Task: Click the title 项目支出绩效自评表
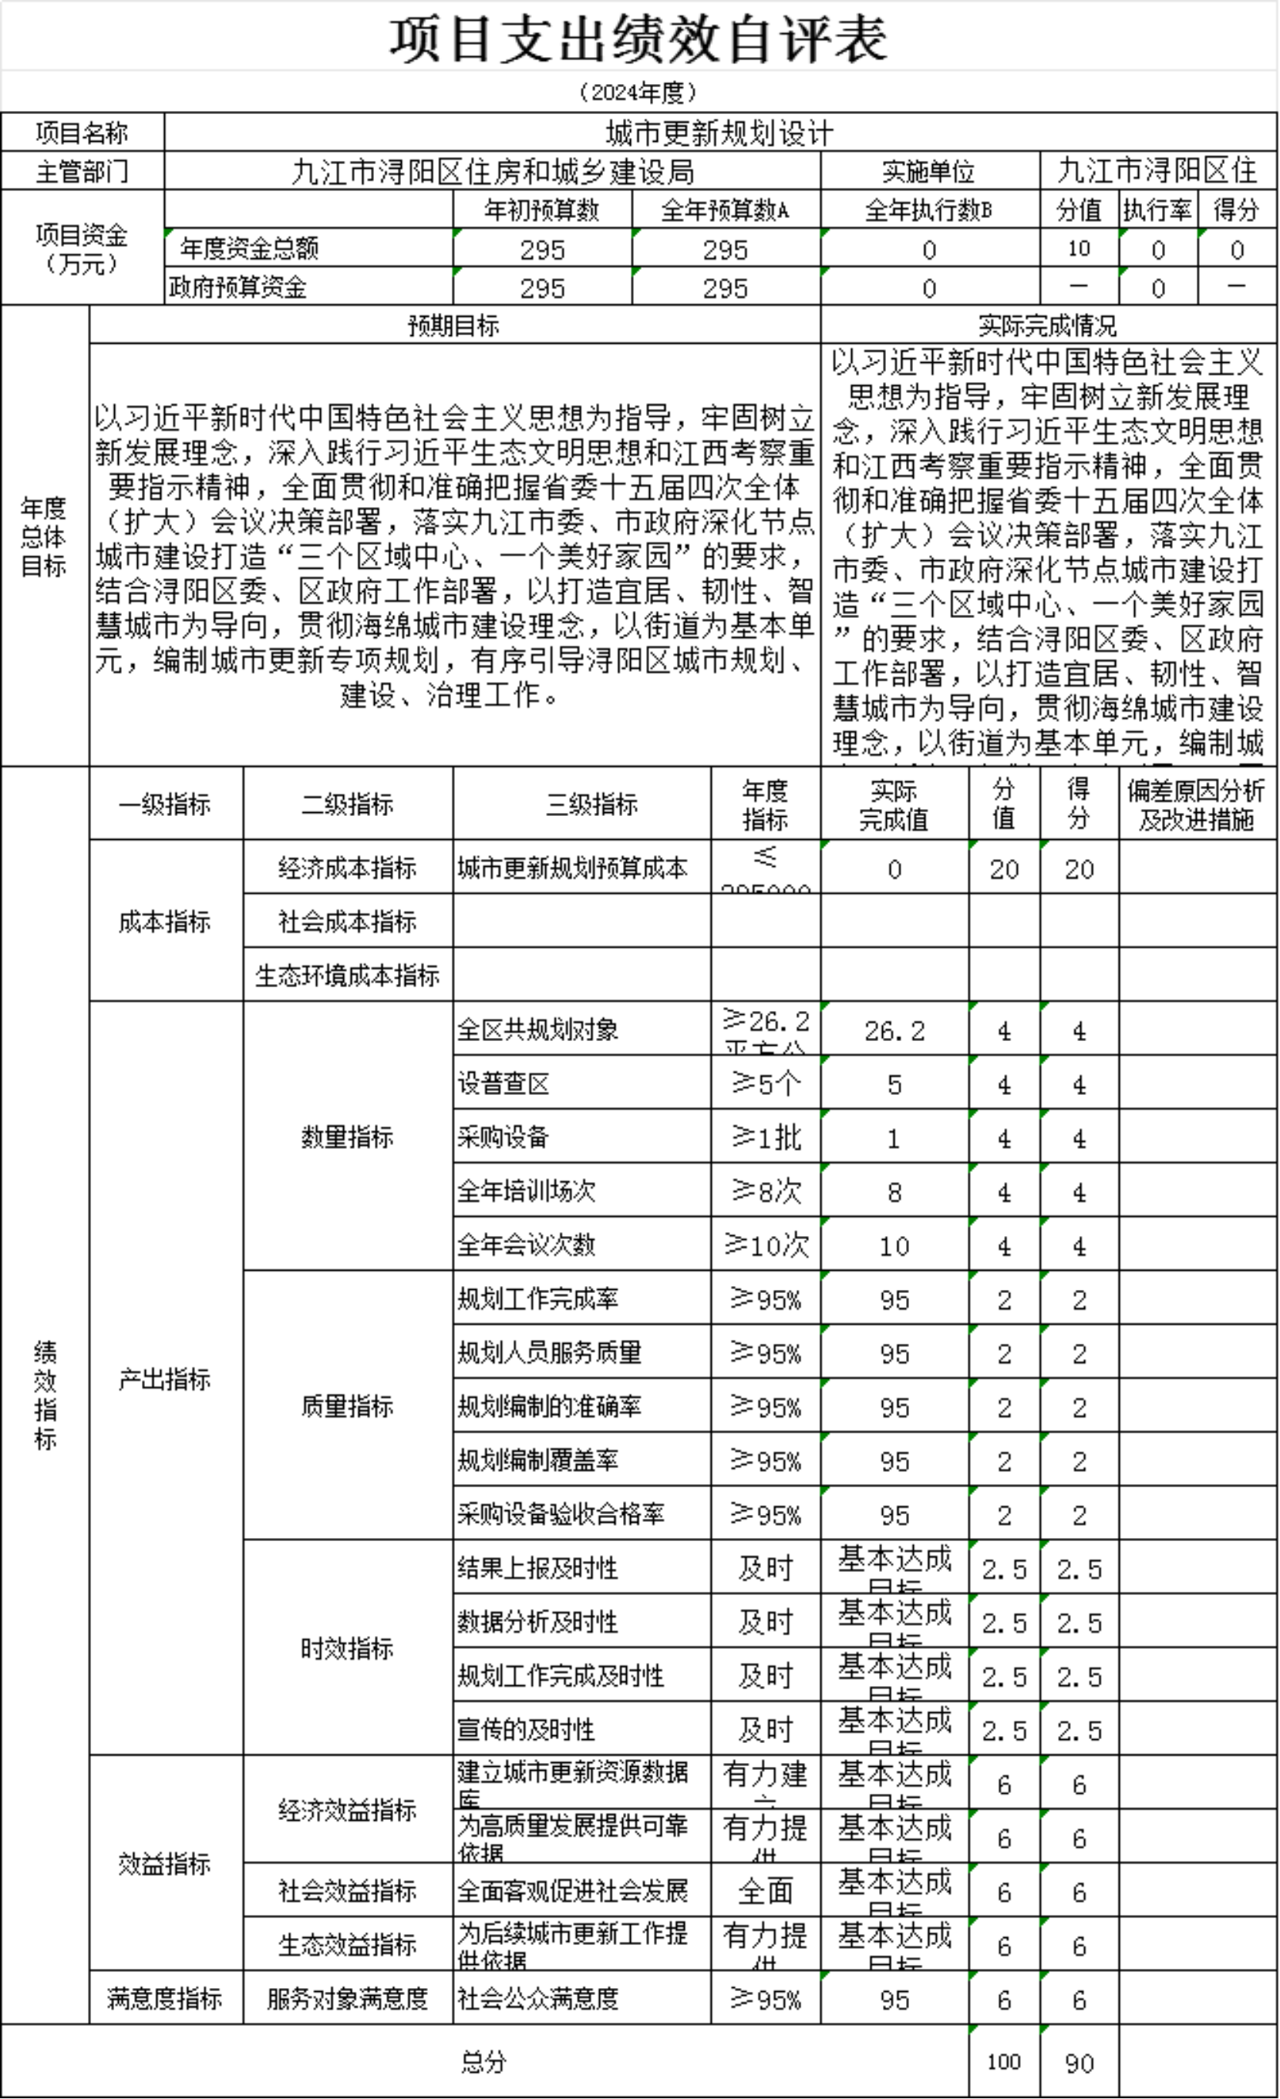[x=639, y=39]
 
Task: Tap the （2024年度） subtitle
[x=638, y=92]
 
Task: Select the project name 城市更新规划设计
[x=720, y=133]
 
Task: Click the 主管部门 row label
[x=82, y=171]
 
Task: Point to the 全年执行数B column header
[x=929, y=210]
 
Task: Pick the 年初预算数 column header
[x=542, y=210]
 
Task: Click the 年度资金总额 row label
[x=249, y=249]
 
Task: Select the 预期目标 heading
[x=453, y=325]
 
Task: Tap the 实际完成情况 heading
[x=1047, y=325]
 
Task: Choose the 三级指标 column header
[x=591, y=804]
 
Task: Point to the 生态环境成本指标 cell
[x=348, y=976]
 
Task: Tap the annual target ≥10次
[x=765, y=1245]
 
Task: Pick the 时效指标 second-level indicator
[x=348, y=1648]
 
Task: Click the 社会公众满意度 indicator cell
[x=537, y=1997]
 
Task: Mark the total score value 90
[x=1079, y=2062]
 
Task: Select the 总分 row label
[x=484, y=2061]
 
